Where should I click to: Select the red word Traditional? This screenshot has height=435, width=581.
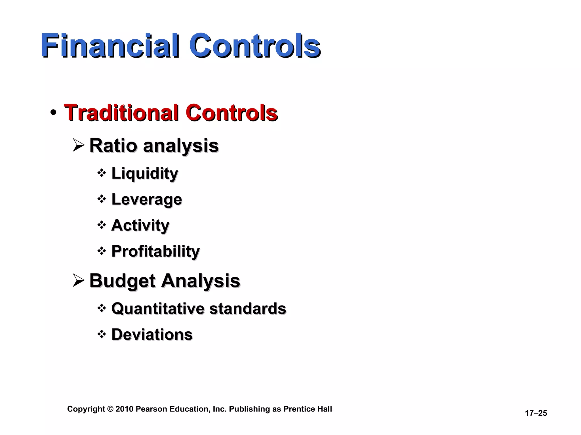(121, 113)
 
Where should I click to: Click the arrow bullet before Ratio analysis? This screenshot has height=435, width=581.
(79, 145)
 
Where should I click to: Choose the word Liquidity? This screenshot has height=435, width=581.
(145, 173)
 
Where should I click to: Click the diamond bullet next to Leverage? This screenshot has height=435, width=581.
(102, 199)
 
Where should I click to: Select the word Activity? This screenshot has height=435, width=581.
(140, 225)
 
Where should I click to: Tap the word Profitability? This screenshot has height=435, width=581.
(155, 251)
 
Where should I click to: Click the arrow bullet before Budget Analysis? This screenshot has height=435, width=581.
(79, 281)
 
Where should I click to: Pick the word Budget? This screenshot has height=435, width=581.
(123, 281)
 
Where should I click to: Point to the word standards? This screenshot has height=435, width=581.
(247, 308)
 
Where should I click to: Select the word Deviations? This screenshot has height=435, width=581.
(152, 334)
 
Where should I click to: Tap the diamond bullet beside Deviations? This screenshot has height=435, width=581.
(102, 334)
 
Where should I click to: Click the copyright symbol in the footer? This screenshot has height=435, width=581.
(110, 409)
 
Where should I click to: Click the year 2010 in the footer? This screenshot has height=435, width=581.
(124, 409)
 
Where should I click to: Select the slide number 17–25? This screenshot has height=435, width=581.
(536, 413)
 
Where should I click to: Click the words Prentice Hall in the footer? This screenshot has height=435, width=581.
(308, 409)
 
